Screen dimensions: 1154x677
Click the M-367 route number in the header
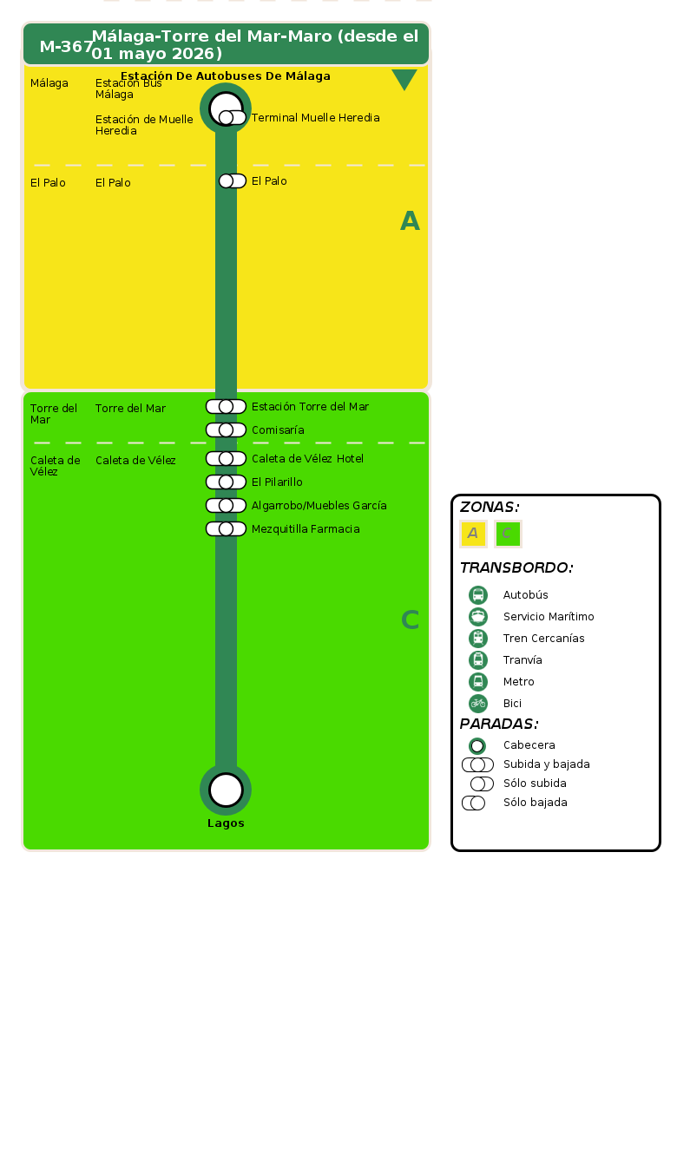pyautogui.click(x=66, y=47)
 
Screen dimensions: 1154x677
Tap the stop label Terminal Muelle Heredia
pyautogui.click(x=315, y=118)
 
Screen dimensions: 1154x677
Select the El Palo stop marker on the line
pyautogui.click(x=231, y=180)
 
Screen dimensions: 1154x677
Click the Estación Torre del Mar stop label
pyautogui.click(x=310, y=407)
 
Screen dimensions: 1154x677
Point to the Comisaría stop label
pyautogui.click(x=278, y=430)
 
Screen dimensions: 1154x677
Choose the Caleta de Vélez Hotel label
pyautogui.click(x=307, y=459)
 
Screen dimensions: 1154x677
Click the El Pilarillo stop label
pyautogui.click(x=277, y=482)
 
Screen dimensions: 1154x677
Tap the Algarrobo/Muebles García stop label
pyautogui.click(x=319, y=506)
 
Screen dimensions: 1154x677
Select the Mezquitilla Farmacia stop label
pyautogui.click(x=306, y=529)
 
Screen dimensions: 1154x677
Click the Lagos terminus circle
pyautogui.click(x=226, y=790)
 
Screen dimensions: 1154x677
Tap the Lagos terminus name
pyautogui.click(x=226, y=823)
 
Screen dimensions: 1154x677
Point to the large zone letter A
pyautogui.click(x=410, y=221)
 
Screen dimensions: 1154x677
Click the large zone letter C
pyautogui.click(x=410, y=620)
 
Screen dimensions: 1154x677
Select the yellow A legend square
pyautogui.click(x=473, y=534)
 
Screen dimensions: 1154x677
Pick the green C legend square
pyautogui.click(x=508, y=534)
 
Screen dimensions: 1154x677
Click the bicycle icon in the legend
pyautogui.click(x=478, y=704)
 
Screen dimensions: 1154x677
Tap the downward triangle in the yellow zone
pyautogui.click(x=404, y=80)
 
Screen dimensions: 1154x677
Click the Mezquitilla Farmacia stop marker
pyautogui.click(x=226, y=528)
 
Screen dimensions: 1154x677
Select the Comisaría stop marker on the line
pyautogui.click(x=226, y=429)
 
